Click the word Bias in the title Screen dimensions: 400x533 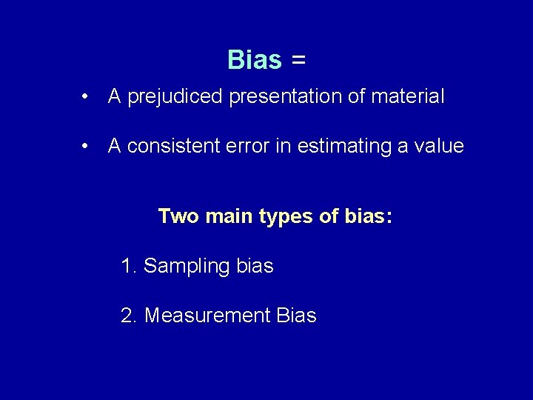coord(255,59)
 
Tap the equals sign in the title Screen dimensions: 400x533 coord(298,60)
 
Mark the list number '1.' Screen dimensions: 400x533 coord(129,266)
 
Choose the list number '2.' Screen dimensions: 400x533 coord(130,316)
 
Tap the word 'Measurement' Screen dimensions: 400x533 coord(207,316)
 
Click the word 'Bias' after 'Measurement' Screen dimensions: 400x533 coord(295,316)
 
